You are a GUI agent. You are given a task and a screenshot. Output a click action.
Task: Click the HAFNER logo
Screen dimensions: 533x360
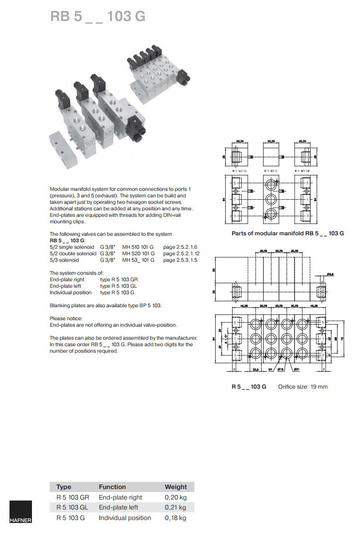(20, 513)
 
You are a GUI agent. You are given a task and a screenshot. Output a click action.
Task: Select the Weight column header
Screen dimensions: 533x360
(176, 487)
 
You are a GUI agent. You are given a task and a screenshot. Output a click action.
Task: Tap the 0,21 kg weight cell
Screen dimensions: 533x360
(175, 508)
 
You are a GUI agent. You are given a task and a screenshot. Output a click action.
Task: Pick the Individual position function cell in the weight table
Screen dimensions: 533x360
(124, 518)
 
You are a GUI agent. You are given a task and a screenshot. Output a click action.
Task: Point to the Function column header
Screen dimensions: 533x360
(112, 487)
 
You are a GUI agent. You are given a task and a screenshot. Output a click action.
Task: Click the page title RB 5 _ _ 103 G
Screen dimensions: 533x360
(98, 16)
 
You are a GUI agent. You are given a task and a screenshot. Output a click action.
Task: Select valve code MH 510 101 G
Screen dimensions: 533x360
(138, 247)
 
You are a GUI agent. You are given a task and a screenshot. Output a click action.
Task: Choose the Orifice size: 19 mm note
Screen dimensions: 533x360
(303, 387)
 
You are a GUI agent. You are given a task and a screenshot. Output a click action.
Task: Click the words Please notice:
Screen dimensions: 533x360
(66, 318)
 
